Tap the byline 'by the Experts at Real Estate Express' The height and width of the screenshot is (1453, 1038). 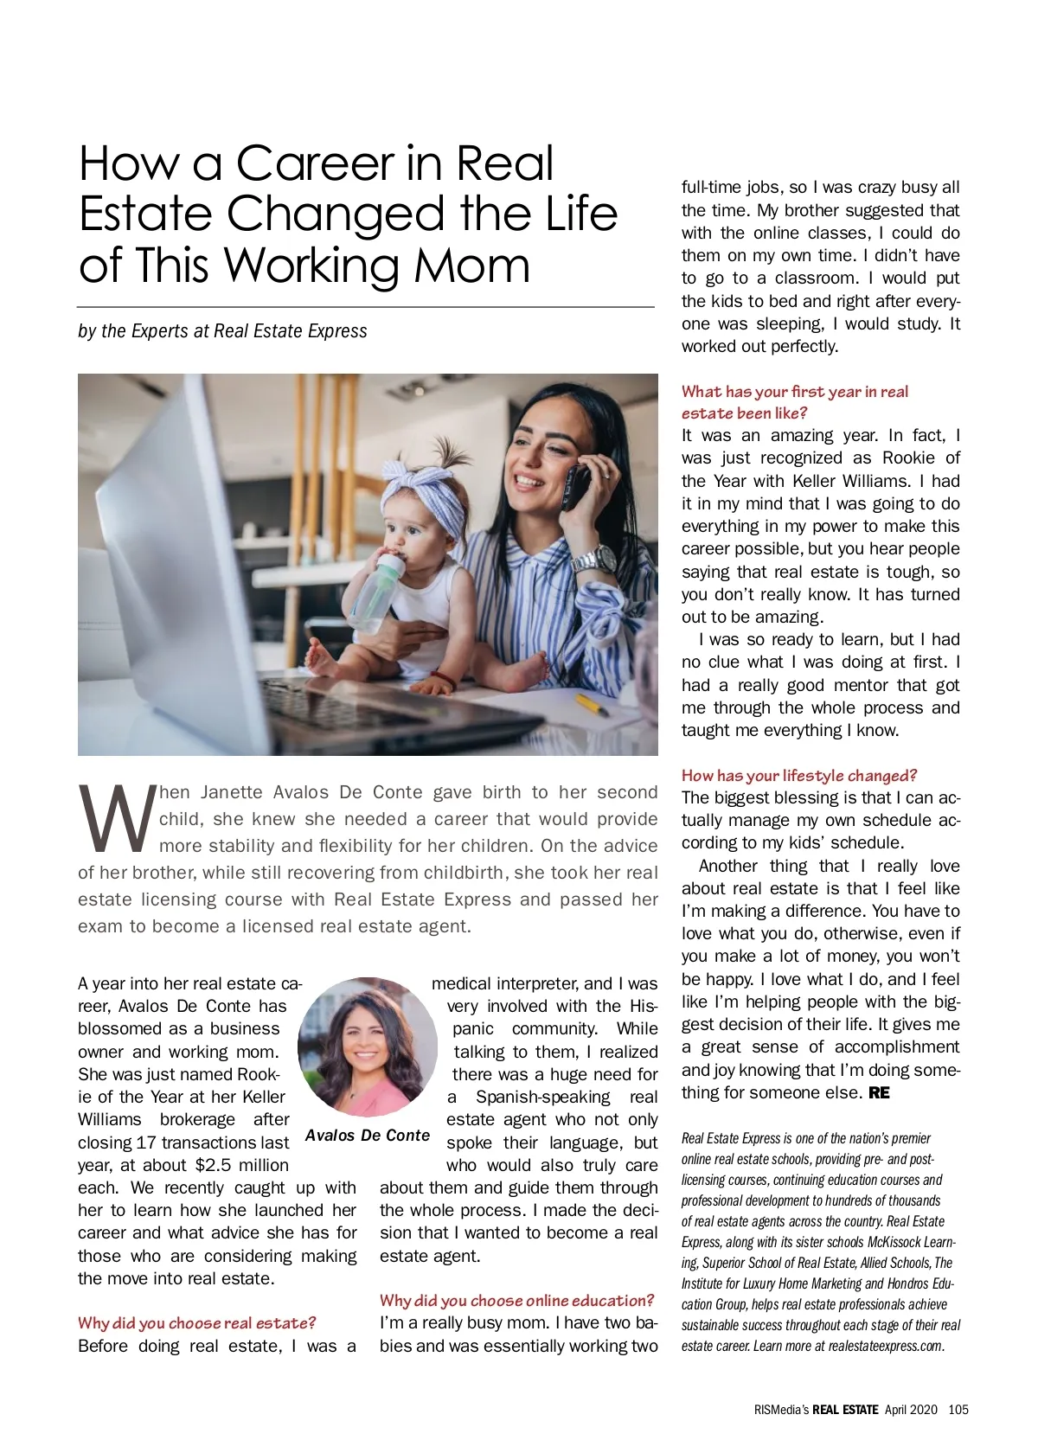coord(222,331)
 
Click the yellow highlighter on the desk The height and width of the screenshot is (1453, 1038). coord(592,705)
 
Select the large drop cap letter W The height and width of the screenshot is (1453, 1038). coord(117,816)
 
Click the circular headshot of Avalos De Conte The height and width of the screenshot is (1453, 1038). coord(368,1047)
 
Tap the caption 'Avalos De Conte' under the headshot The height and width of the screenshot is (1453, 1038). coord(368,1136)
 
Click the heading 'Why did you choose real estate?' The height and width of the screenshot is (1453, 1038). coord(197,1323)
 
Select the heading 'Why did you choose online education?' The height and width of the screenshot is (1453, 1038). coord(516,1301)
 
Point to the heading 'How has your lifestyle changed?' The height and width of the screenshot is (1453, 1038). coord(798,776)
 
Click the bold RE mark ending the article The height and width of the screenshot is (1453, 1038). coord(879,1093)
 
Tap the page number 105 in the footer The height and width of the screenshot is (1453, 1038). coord(958,1410)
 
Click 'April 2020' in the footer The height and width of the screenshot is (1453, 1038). coord(911,1410)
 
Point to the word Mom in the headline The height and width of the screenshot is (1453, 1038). coord(471,266)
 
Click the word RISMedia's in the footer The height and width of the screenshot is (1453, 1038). coord(781,1410)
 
